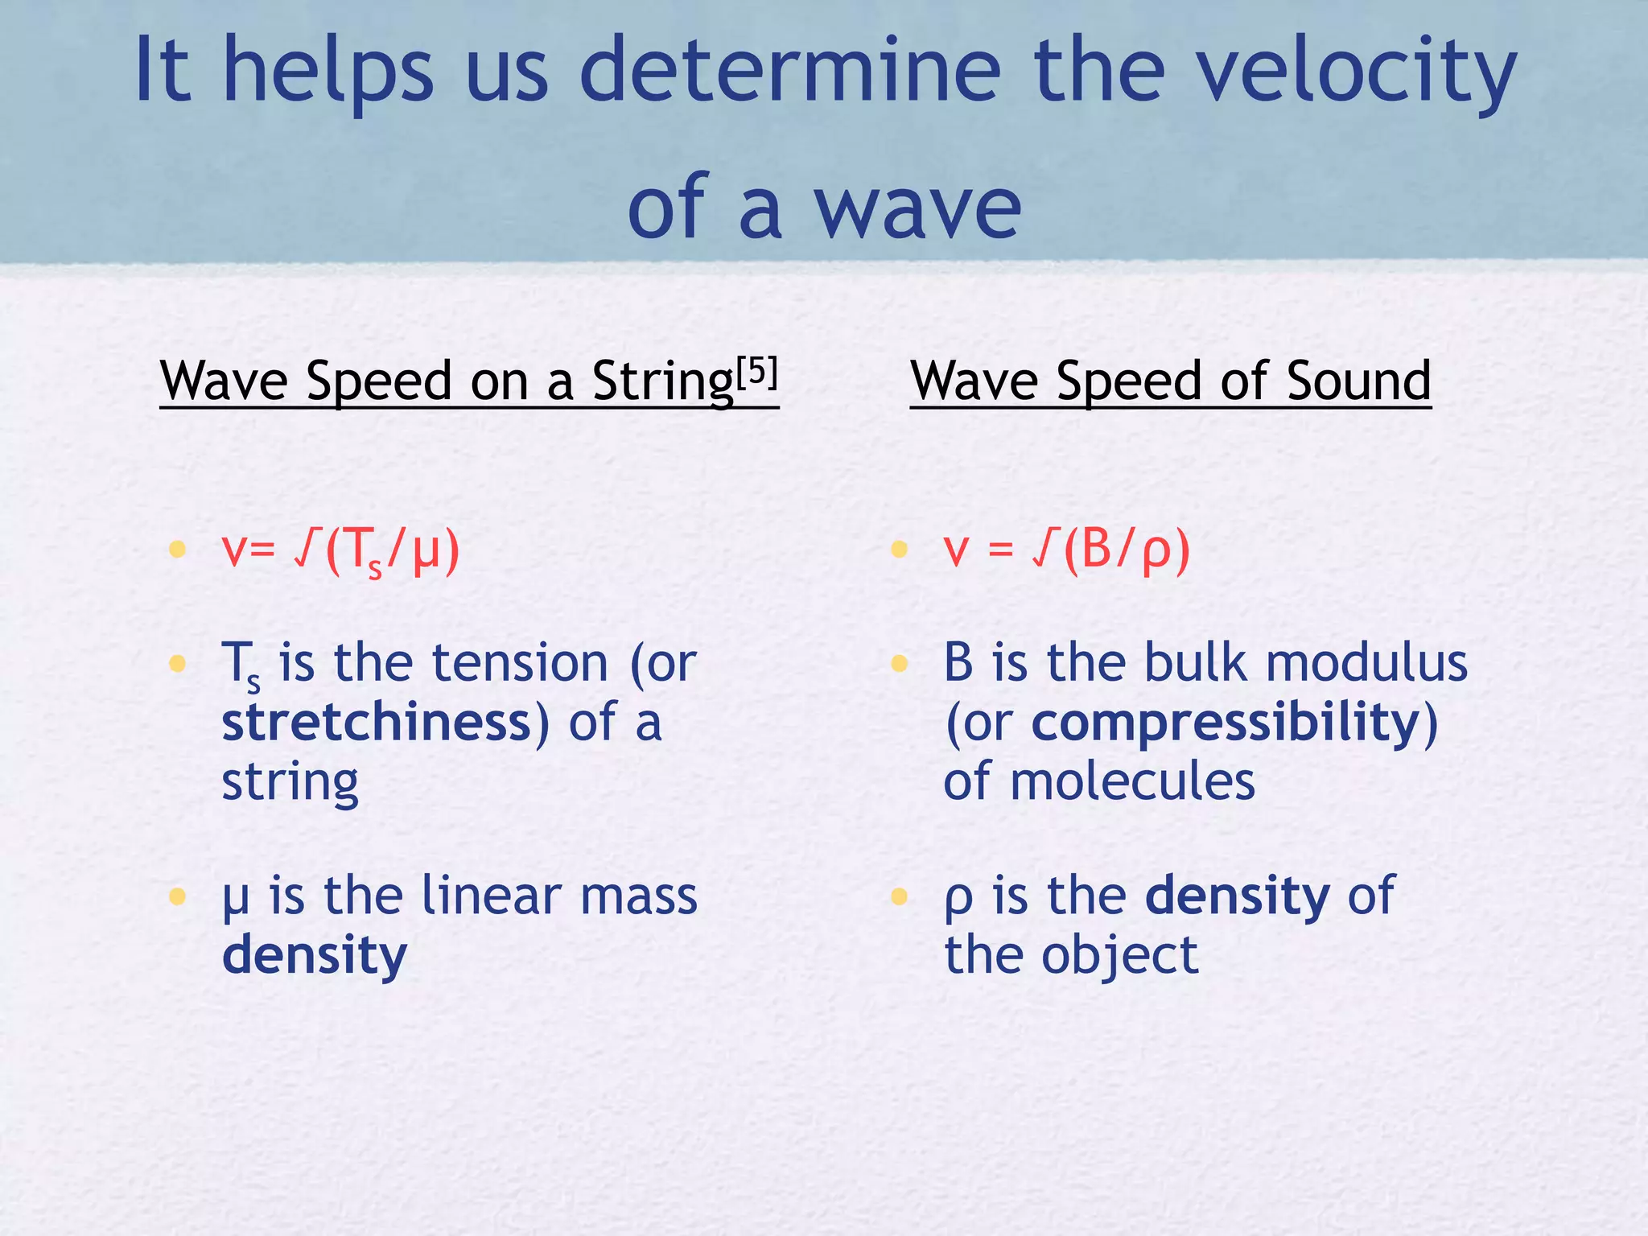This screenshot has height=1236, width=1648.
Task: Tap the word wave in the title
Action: click(917, 209)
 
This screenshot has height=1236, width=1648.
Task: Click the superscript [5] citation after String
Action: click(758, 373)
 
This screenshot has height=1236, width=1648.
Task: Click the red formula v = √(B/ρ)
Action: click(1066, 552)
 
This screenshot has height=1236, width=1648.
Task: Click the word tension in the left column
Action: click(520, 663)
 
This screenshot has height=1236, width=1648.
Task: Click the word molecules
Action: click(1132, 781)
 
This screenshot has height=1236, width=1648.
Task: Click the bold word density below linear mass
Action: click(315, 956)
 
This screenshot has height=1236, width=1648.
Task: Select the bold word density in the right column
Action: click(1238, 896)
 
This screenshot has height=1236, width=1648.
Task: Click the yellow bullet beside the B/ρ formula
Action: click(899, 550)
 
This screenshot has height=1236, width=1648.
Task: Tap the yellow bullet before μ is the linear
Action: click(177, 896)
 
